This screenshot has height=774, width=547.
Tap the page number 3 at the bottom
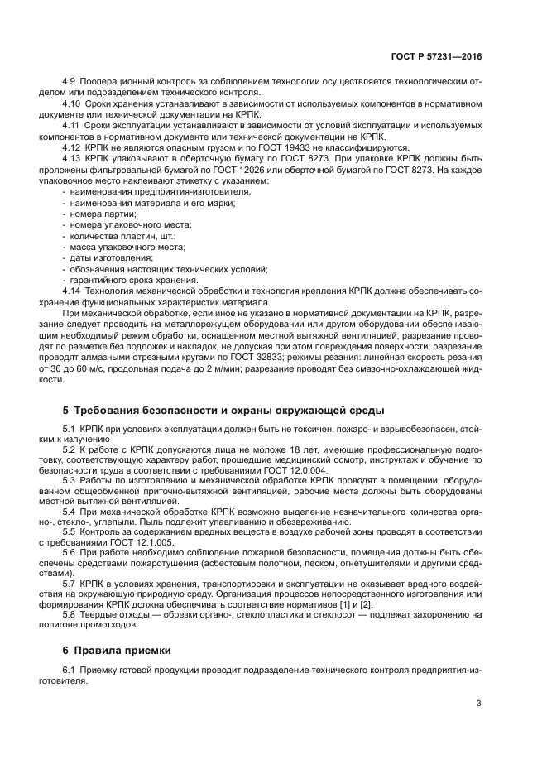pos(479,704)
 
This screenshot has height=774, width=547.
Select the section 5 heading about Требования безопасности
pos(223,411)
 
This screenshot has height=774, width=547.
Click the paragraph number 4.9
pos(70,82)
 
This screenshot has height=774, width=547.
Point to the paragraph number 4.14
pos(72,291)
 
